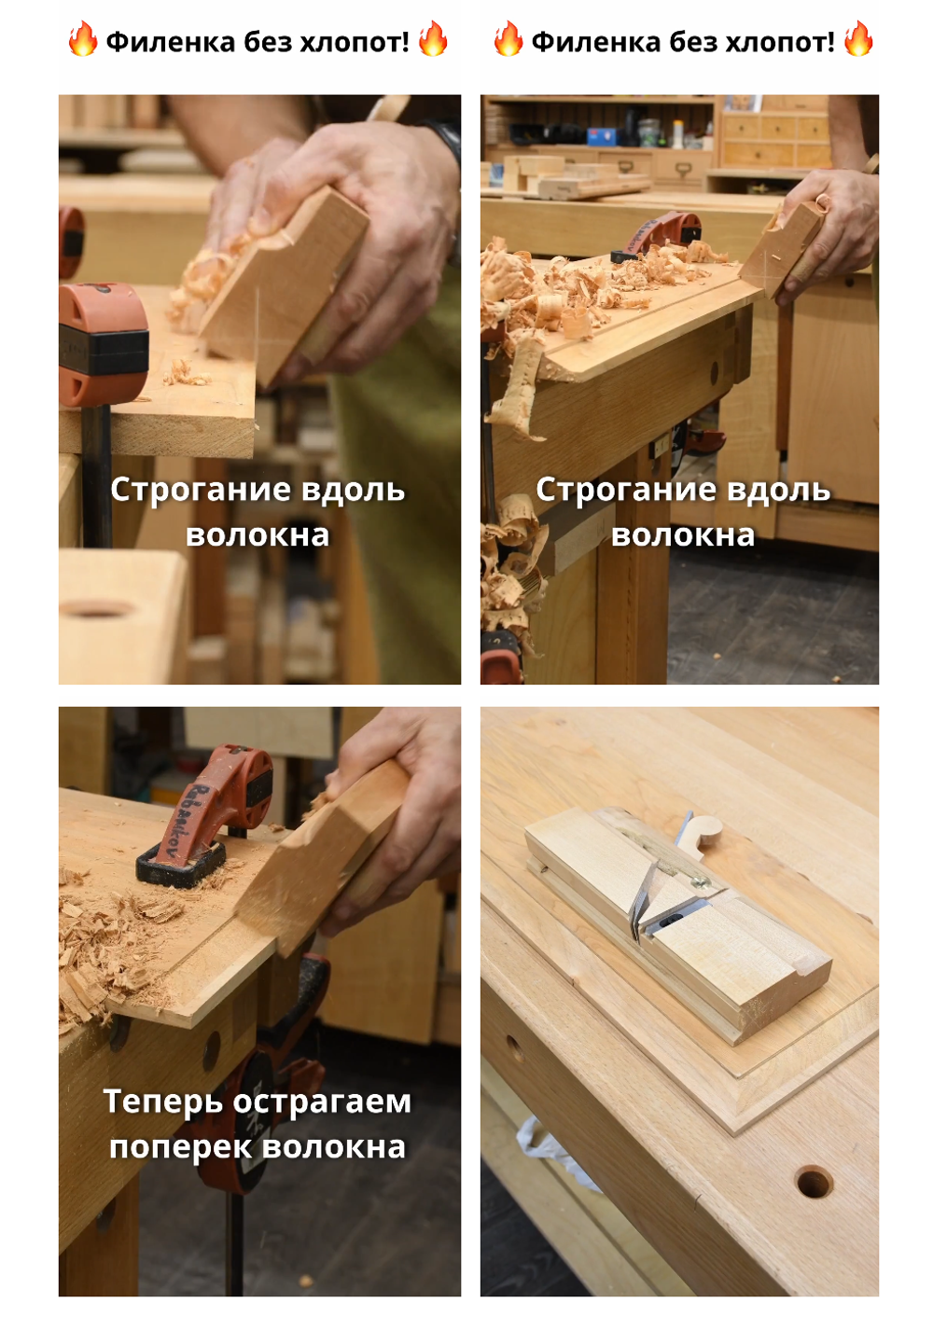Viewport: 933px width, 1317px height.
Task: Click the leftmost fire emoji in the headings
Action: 82,39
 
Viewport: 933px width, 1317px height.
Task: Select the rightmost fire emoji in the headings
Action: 858,39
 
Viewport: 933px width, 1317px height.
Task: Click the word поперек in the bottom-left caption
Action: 179,1148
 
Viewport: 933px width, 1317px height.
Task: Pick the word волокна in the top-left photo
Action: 258,535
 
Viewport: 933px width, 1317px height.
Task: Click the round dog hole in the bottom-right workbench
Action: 813,1183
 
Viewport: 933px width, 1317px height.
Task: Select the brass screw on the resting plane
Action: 700,882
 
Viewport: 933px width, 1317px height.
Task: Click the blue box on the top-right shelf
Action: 603,136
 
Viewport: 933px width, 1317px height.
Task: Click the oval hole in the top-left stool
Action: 95,608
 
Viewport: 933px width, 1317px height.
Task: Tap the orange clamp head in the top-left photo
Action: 103,343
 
